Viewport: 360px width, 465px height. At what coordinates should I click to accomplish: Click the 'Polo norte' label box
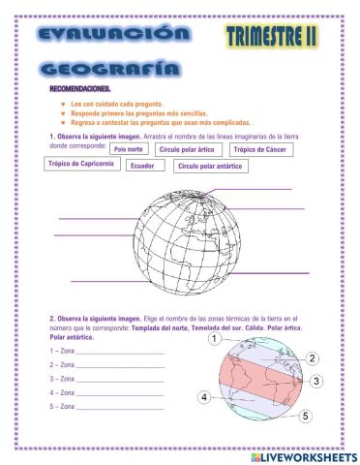pyautogui.click(x=129, y=150)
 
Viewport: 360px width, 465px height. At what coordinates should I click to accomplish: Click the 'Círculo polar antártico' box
pyautogui.click(x=210, y=166)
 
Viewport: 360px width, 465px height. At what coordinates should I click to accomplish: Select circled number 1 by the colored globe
pyautogui.click(x=212, y=339)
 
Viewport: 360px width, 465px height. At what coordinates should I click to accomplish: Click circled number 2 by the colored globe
pyautogui.click(x=312, y=358)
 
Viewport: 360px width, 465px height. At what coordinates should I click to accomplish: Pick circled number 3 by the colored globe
pyautogui.click(x=315, y=382)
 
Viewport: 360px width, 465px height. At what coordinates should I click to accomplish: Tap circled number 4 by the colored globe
pyautogui.click(x=204, y=397)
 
